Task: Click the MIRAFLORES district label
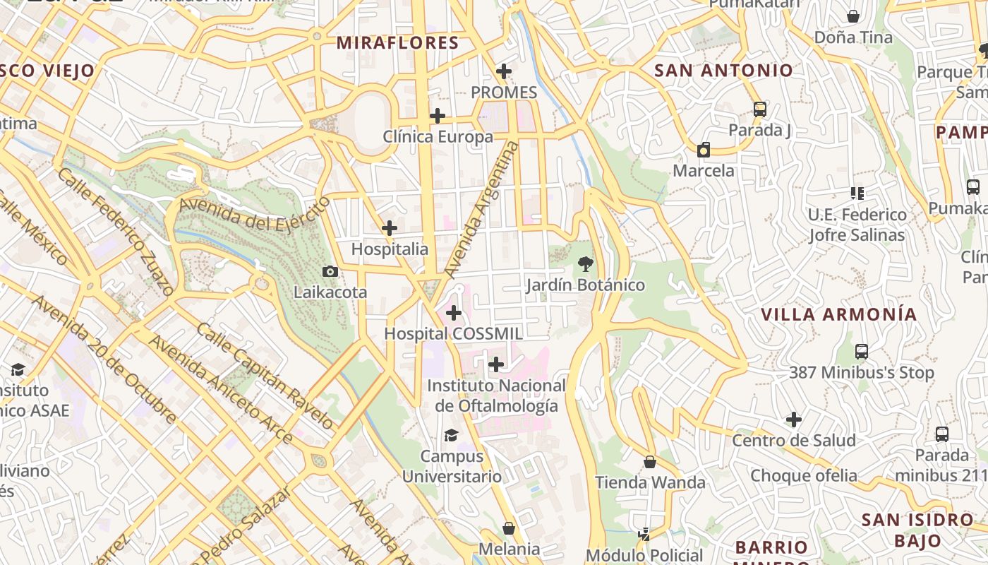397,43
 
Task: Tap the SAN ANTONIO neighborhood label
723,71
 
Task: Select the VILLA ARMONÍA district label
838,314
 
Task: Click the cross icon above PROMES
503,71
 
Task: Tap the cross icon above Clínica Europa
438,116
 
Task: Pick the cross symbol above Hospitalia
389,228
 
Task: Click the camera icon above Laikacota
330,271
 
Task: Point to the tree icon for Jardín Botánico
585,264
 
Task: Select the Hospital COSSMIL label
453,334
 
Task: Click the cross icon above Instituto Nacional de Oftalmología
496,364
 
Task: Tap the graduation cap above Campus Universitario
451,435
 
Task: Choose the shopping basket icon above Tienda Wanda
650,462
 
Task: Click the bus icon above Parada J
759,109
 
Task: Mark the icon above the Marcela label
703,150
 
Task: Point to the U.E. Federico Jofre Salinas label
857,225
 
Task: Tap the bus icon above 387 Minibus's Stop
861,351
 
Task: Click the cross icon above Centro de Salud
794,420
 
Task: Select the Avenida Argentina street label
482,209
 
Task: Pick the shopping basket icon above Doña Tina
853,16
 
